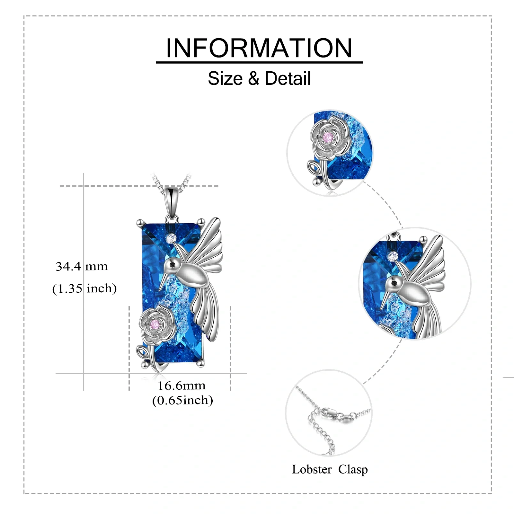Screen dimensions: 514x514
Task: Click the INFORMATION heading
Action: [259, 48]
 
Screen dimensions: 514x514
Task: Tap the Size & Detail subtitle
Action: [259, 78]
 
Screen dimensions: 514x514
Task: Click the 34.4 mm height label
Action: [82, 266]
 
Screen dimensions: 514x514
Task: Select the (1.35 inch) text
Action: [84, 288]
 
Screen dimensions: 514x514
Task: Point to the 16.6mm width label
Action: [182, 385]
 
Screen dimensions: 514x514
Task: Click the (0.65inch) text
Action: [182, 400]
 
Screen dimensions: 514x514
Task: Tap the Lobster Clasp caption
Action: [330, 469]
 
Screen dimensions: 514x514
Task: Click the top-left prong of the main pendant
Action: [140, 222]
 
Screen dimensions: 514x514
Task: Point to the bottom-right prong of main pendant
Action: [201, 363]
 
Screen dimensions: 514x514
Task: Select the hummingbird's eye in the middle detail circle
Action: [393, 283]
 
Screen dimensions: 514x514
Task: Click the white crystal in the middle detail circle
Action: [393, 256]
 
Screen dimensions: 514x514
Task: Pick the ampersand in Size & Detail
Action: [253, 79]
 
